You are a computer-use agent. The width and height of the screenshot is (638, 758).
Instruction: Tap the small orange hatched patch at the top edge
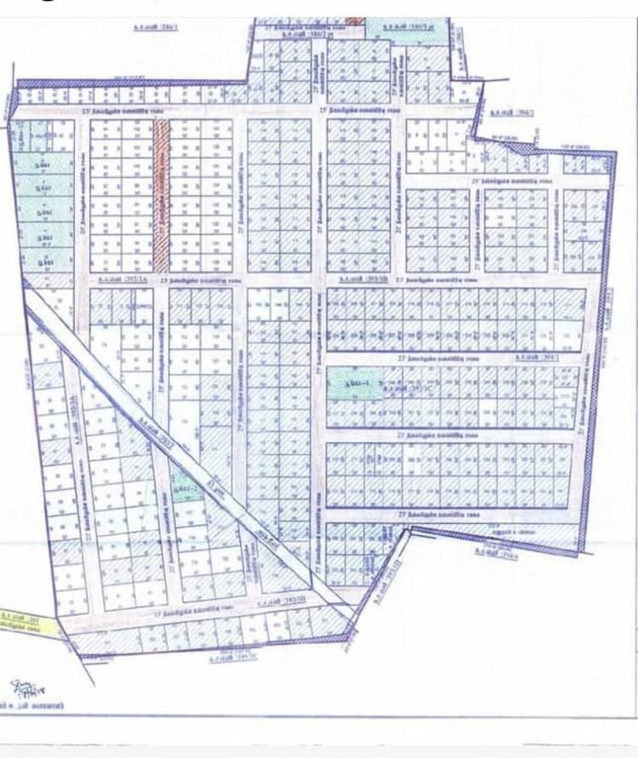point(353,20)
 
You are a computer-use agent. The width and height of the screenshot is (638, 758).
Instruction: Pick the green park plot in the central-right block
point(350,385)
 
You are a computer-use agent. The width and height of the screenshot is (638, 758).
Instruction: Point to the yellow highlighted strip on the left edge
point(30,624)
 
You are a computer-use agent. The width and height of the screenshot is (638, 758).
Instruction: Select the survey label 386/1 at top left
point(155,27)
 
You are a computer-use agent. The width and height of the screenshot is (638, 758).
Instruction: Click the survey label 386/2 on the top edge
point(294,33)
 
